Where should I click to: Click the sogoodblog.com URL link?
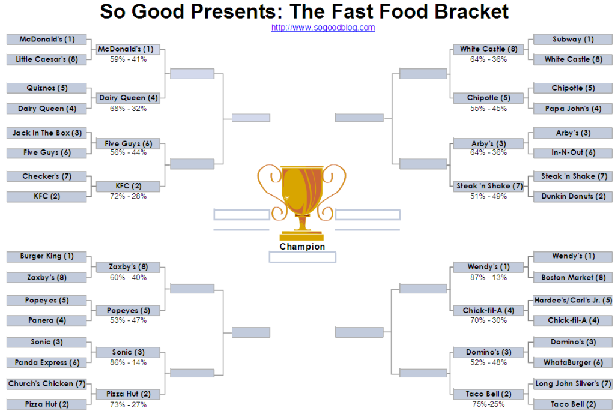(323, 28)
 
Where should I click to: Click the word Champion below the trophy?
(302, 247)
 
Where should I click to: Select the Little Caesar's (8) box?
(47, 59)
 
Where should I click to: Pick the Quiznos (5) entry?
(47, 88)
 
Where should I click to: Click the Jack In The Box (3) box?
(47, 133)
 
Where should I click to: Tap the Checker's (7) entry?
(47, 176)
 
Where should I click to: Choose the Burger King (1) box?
(47, 256)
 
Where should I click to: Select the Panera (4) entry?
(47, 320)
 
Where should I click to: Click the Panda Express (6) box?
(47, 363)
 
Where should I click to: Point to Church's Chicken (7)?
(47, 384)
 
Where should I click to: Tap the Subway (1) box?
(572, 39)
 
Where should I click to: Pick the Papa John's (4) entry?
(572, 109)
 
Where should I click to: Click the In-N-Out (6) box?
(572, 153)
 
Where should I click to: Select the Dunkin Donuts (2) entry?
(572, 196)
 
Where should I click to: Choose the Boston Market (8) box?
(572, 278)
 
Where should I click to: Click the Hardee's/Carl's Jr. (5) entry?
(572, 301)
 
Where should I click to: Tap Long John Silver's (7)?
(572, 384)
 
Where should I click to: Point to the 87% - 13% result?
(489, 277)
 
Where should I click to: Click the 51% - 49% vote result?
(489, 196)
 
